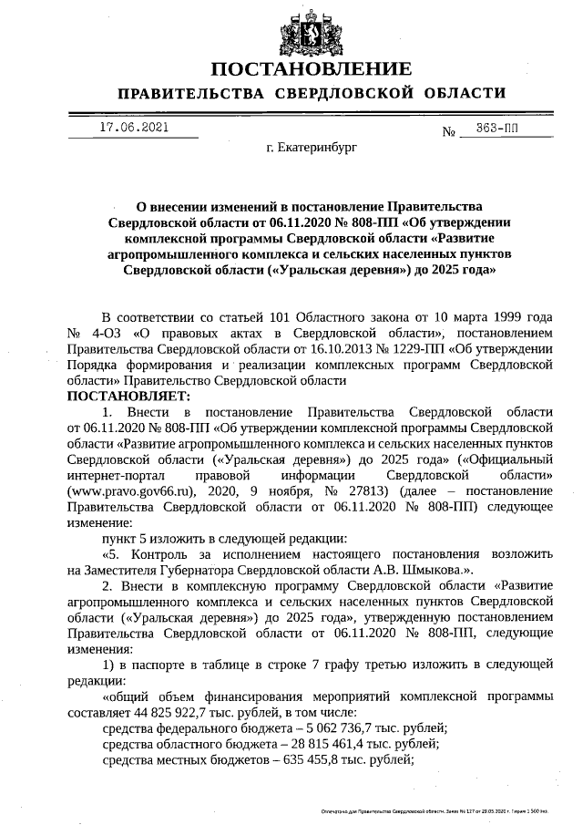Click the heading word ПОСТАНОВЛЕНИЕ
click(311, 69)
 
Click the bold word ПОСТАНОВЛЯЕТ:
click(127, 397)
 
